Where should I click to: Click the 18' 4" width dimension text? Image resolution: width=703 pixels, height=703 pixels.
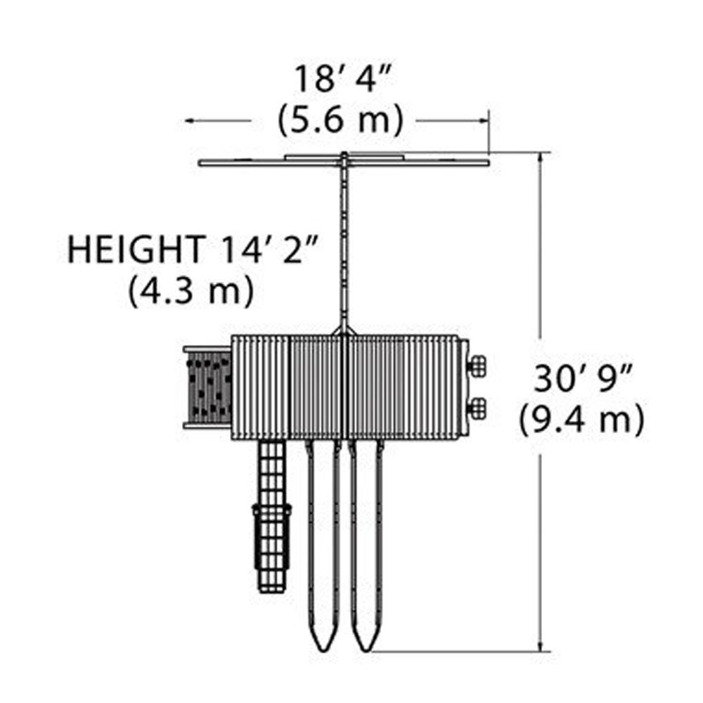343,79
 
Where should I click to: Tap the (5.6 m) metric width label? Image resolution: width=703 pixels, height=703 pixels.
341,120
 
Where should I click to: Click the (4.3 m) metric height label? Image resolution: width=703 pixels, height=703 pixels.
191,292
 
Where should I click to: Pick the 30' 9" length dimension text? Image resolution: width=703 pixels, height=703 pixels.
582,380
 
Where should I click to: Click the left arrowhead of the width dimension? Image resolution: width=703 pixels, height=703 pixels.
191,121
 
